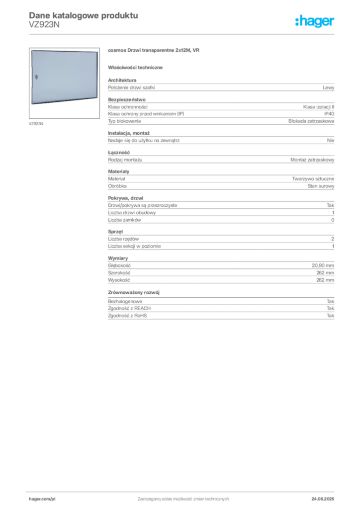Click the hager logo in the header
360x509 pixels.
point(314,21)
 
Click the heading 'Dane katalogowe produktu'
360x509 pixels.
point(84,15)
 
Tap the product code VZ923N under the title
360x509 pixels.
point(44,24)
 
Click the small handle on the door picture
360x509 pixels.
point(36,77)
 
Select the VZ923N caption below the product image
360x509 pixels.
point(36,124)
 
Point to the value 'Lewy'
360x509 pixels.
point(328,87)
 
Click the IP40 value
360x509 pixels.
point(329,114)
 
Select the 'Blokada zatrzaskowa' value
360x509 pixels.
point(311,121)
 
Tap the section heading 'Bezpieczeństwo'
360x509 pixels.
point(127,99)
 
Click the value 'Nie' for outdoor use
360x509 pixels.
point(331,140)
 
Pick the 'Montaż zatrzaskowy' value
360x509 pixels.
point(312,160)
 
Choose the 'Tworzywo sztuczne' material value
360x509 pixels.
point(313,178)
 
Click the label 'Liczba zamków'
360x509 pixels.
point(124,220)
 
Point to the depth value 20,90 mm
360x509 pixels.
point(323,265)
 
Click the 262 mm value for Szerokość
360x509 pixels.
point(325,273)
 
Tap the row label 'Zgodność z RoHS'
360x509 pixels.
point(127,316)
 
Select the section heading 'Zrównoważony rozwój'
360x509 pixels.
point(134,292)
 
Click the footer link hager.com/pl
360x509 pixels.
point(42,499)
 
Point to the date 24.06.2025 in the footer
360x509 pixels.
point(323,499)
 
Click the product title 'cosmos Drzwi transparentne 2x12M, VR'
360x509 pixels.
point(154,50)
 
